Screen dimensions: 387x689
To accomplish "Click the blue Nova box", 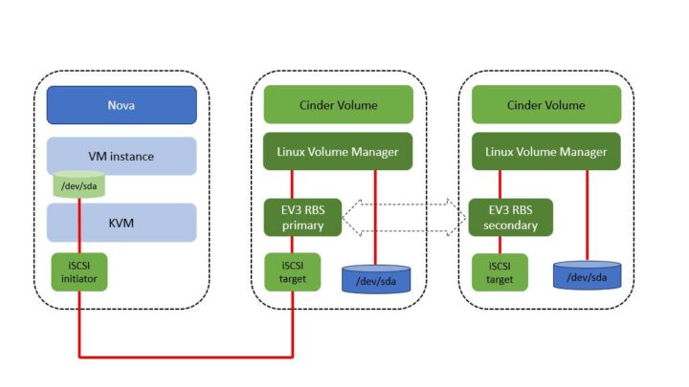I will (122, 105).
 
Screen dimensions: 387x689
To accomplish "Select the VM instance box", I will (122, 156).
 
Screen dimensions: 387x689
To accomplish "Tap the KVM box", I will (122, 223).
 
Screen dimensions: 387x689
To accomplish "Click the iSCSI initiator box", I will (79, 271).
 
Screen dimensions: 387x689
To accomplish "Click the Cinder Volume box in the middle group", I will (338, 105).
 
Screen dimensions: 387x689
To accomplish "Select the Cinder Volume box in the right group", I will (546, 105).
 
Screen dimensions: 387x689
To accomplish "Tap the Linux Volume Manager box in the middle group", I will (338, 152).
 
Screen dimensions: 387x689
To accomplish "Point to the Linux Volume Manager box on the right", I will (546, 152).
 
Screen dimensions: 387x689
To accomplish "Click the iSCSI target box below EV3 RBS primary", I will (291, 271).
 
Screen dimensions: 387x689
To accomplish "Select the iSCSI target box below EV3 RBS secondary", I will (500, 271).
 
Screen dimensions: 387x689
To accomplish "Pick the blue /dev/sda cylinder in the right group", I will (587, 275).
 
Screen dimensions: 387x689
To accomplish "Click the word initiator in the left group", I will (79, 278).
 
